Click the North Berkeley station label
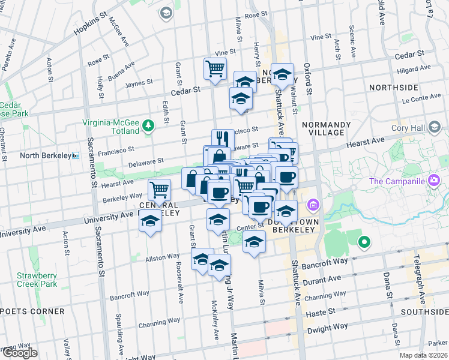[46, 155]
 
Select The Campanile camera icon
[433, 181]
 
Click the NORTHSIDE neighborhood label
[393, 87]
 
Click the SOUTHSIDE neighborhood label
[424, 312]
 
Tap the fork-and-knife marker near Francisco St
[222, 139]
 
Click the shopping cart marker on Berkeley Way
[159, 190]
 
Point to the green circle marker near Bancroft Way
[363, 243]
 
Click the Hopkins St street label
[89, 25]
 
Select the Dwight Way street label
[327, 328]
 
